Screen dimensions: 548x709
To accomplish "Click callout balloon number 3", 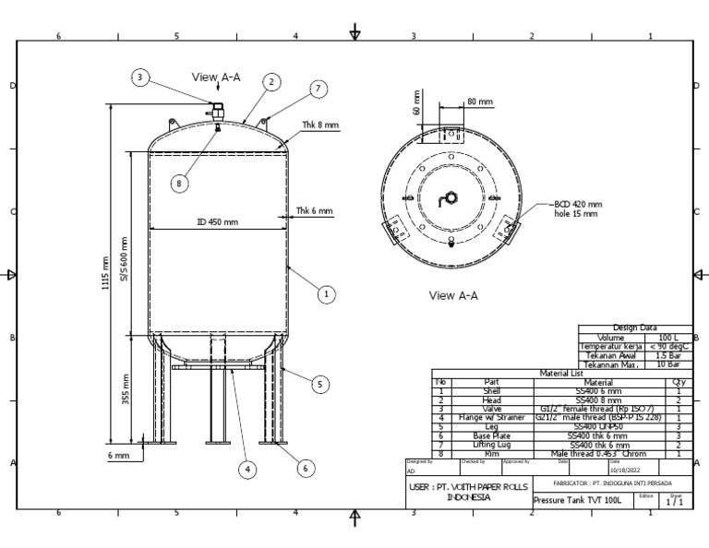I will (139, 77).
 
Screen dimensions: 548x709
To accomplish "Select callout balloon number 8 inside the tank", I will (180, 183).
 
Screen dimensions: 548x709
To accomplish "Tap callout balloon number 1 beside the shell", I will (325, 294).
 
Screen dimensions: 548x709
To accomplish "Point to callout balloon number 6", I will (303, 468).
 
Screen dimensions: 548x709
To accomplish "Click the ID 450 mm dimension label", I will (217, 222).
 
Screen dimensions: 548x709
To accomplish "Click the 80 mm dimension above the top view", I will (479, 101).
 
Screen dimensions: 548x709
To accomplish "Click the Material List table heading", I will (562, 374).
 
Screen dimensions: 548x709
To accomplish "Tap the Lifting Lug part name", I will (491, 445).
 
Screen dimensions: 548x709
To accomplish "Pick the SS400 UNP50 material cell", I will (597, 427).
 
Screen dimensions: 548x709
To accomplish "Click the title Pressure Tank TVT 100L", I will (578, 500).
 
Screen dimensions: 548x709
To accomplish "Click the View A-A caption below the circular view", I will (453, 296).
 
